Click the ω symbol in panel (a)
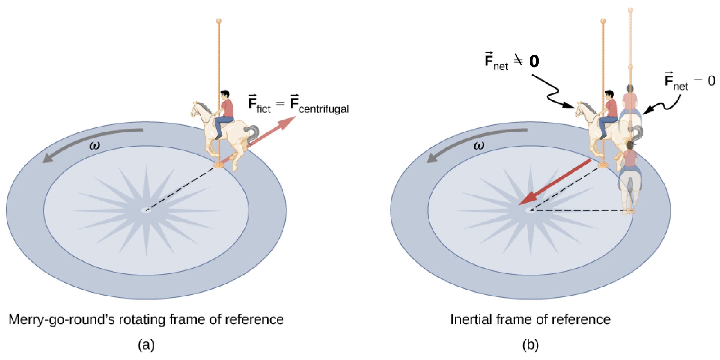[x=94, y=146]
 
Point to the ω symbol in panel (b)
[x=479, y=146]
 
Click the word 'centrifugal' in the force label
[x=323, y=109]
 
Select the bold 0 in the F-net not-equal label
[x=534, y=61]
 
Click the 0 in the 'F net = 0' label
[x=712, y=81]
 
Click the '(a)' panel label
[x=146, y=345]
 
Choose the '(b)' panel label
[x=530, y=345]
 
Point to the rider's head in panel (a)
[x=225, y=95]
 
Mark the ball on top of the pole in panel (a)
[x=219, y=21]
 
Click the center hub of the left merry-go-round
[x=146, y=210]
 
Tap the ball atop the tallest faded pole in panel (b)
[x=631, y=10]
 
